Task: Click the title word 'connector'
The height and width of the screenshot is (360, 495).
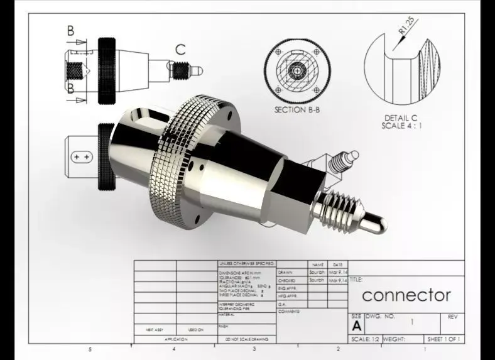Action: (406, 295)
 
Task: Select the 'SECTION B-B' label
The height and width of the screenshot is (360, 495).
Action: (299, 109)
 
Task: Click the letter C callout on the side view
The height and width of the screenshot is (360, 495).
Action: (180, 49)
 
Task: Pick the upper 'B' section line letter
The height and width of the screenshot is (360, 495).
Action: (70, 30)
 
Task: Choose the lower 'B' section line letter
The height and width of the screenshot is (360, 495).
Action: (70, 88)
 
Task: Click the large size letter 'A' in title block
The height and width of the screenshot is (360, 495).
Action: (356, 326)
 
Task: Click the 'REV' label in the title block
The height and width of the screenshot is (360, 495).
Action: (452, 317)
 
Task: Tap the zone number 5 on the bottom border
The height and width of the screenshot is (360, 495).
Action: (89, 349)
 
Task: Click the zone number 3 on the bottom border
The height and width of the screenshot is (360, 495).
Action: (254, 349)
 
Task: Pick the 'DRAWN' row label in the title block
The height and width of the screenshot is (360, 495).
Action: (285, 272)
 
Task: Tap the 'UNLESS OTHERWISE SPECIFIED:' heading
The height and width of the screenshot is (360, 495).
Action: (247, 264)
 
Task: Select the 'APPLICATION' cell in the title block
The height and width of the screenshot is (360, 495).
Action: (175, 339)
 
